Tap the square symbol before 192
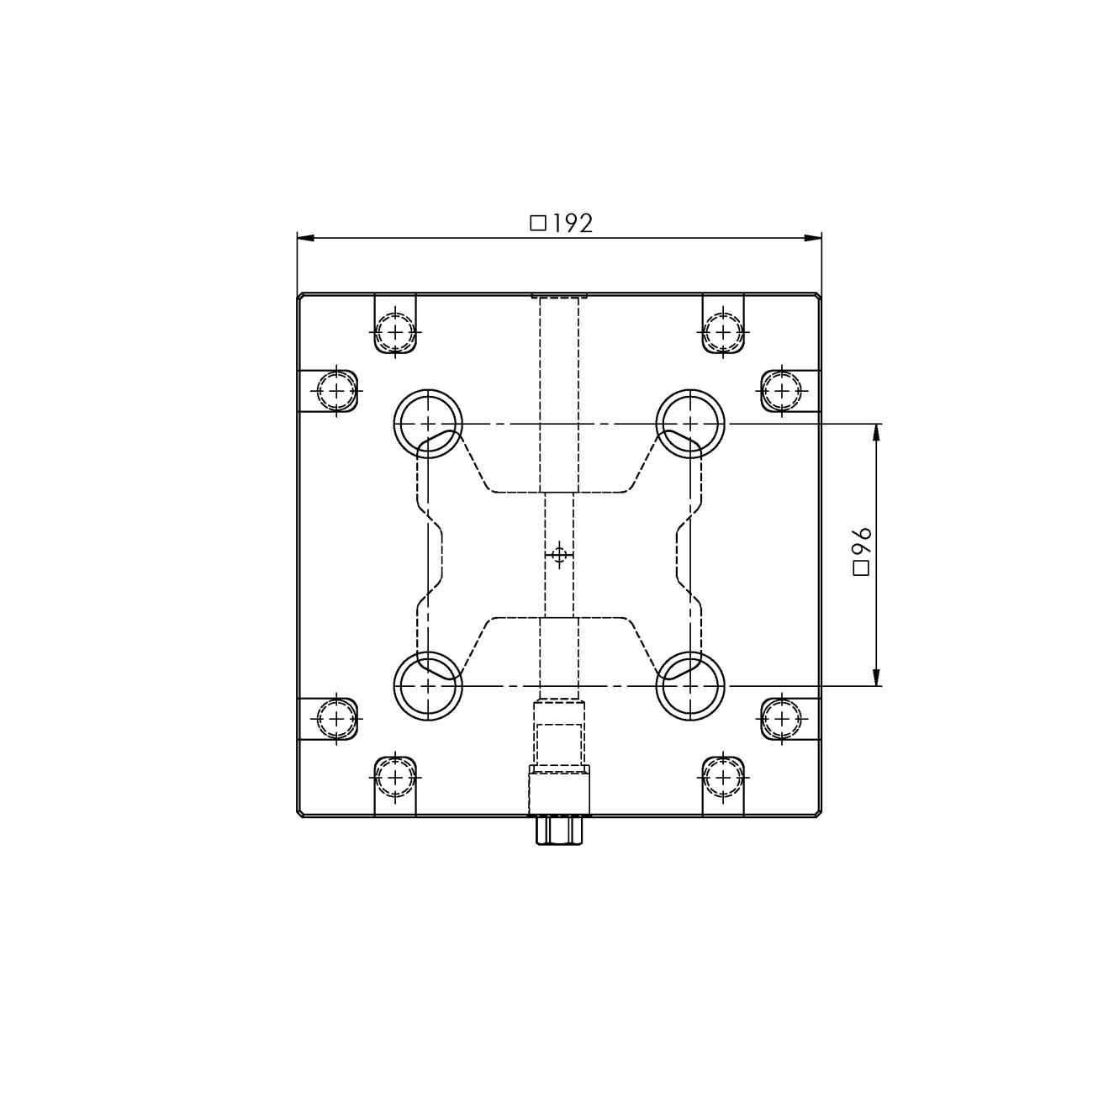[538, 223]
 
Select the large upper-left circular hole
[428, 422]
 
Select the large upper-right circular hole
[690, 422]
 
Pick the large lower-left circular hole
[428, 686]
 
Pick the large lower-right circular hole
[690, 686]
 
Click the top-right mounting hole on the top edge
[721, 332]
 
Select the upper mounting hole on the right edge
[781, 390]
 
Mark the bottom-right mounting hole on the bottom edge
[721, 777]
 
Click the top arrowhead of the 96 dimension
[877, 430]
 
